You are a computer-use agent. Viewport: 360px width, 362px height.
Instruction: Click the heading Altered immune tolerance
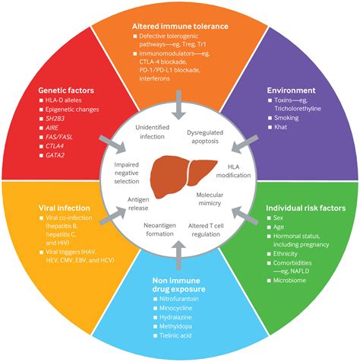(x=179, y=25)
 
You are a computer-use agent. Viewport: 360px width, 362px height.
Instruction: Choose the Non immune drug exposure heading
(x=179, y=286)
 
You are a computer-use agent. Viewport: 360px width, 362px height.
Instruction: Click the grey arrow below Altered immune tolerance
(x=179, y=106)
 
